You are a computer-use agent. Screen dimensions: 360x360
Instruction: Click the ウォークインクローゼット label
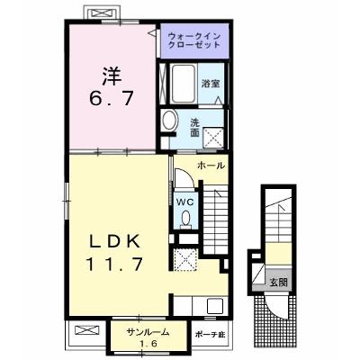tap(194, 40)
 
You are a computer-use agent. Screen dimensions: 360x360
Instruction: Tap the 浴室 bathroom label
tap(211, 84)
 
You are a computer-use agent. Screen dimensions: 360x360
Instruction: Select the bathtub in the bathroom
tap(184, 83)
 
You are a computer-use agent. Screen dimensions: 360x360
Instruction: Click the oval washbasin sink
tap(168, 121)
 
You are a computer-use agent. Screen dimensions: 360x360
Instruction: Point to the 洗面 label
tap(195, 128)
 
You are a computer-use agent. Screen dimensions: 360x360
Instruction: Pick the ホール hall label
tap(211, 166)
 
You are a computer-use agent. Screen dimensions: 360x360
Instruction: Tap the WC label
tap(184, 202)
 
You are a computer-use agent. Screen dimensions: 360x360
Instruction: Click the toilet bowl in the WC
tap(186, 217)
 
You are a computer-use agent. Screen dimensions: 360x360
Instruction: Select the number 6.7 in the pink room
tap(112, 98)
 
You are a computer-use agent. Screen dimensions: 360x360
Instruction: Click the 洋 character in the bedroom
tap(112, 76)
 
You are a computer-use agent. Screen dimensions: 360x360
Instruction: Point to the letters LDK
tap(115, 241)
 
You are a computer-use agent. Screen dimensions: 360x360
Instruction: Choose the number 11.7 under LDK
tap(114, 265)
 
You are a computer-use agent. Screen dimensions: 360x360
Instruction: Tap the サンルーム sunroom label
tap(148, 332)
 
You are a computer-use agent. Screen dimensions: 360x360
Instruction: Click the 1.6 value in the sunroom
tap(147, 344)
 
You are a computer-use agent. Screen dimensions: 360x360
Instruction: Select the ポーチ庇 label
tap(211, 335)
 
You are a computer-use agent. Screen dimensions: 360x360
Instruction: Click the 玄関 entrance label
tap(278, 283)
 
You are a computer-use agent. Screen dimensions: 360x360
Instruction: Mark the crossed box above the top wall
tap(103, 13)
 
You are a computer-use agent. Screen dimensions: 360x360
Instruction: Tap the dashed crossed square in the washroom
tap(213, 138)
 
